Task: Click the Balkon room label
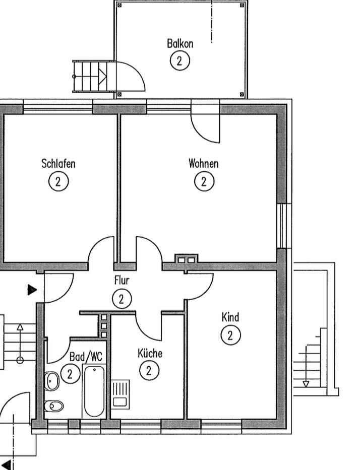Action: pos(179,43)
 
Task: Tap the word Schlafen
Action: pos(58,164)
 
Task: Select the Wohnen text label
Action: pos(204,164)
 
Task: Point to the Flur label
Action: pos(122,281)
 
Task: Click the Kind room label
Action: pos(230,317)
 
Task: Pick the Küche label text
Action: pos(150,353)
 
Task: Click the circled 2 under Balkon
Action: pos(179,61)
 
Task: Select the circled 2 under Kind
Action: pos(230,335)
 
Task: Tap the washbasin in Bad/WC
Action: pos(51,381)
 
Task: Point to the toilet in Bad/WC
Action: pos(54,406)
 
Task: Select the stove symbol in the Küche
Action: pos(120,393)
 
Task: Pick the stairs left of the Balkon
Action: pos(90,77)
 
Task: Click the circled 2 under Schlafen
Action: pos(58,181)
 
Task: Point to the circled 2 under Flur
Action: pos(122,299)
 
